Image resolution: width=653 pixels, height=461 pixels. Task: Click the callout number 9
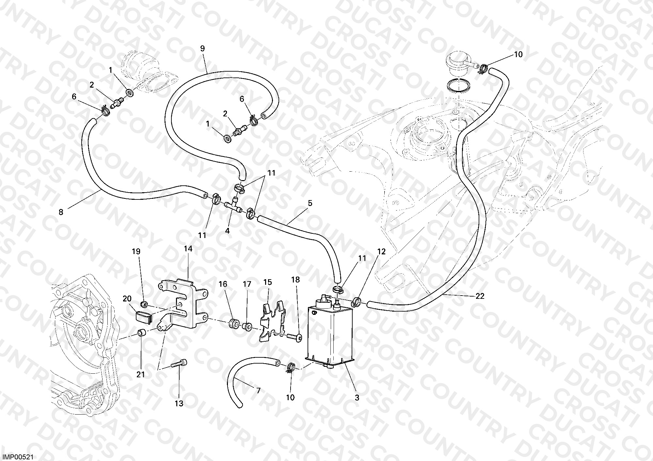[202, 49]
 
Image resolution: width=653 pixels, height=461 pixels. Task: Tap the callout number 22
[480, 296]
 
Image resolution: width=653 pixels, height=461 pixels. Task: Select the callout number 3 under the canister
[357, 398]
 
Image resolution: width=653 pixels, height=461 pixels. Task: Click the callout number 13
[179, 403]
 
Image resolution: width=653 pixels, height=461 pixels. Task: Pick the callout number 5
[310, 203]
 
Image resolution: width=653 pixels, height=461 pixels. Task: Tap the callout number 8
[61, 212]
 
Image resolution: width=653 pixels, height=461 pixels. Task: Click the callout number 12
[381, 251]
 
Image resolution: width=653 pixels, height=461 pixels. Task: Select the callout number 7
[258, 391]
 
